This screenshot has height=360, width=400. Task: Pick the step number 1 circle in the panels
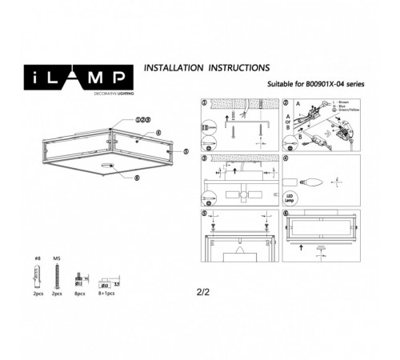(x=204, y=104)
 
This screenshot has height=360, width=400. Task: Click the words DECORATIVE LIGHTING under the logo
(x=69, y=94)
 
